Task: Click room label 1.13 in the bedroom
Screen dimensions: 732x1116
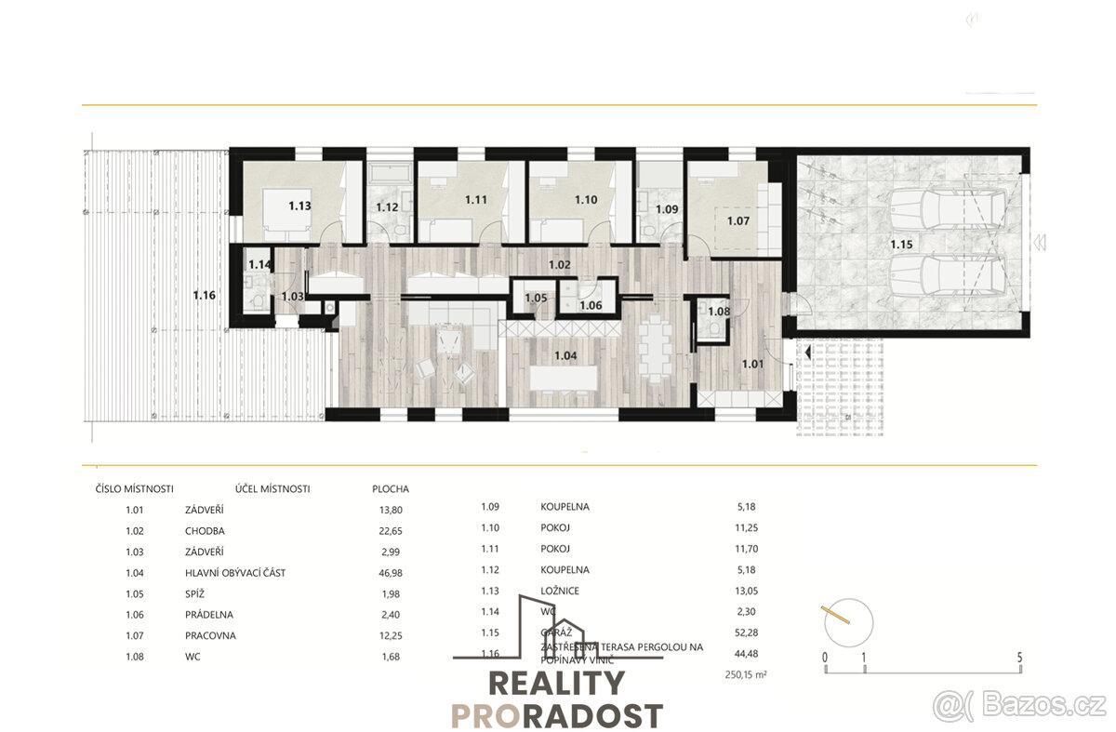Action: pyautogui.click(x=299, y=206)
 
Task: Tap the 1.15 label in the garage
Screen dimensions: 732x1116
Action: pyautogui.click(x=900, y=245)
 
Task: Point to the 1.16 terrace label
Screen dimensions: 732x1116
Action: pyautogui.click(x=205, y=295)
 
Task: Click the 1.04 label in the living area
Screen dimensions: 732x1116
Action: pyautogui.click(x=565, y=354)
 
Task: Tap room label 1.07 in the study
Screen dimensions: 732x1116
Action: pyautogui.click(x=737, y=221)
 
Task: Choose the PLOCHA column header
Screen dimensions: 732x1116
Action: pyautogui.click(x=390, y=488)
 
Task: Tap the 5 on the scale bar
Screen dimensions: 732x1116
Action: pyautogui.click(x=1020, y=657)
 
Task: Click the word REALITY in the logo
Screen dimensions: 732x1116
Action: pyautogui.click(x=557, y=684)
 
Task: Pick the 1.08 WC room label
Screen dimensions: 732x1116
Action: pyautogui.click(x=719, y=313)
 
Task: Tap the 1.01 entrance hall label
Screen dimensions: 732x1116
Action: pyautogui.click(x=752, y=364)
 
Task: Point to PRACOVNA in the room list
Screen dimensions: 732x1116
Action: pyautogui.click(x=210, y=635)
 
